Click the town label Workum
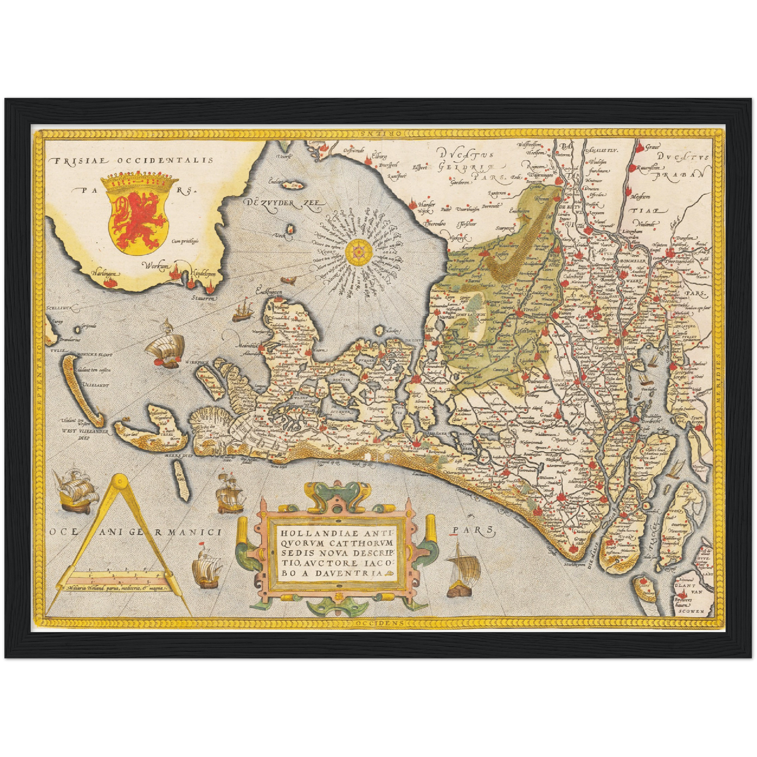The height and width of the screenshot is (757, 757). pos(157,267)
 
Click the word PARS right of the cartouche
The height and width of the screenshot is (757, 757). pos(472,531)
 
